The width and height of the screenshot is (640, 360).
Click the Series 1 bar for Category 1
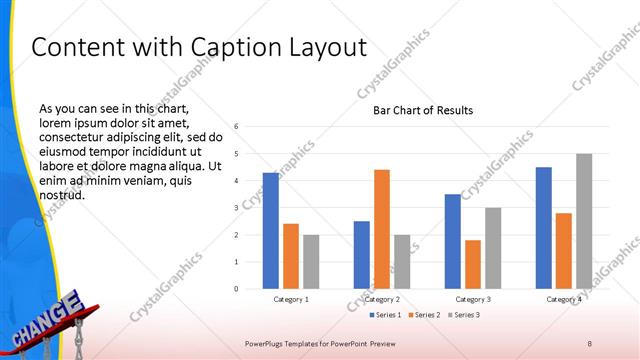pos(271,230)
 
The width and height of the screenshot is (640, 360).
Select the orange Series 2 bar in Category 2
pos(382,229)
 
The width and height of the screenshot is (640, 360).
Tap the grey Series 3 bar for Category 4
pos(584,221)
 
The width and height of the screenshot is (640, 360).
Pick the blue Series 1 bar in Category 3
pos(453,241)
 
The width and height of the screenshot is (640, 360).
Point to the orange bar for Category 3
pos(473,264)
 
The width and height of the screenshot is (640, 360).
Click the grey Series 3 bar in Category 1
pos(311,261)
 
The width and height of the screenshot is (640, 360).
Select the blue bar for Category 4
pos(544,227)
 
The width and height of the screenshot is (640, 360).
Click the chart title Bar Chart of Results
pos(423,110)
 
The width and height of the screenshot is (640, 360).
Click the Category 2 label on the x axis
pos(382,299)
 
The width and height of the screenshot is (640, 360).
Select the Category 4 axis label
pos(564,299)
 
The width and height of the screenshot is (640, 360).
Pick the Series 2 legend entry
pos(424,315)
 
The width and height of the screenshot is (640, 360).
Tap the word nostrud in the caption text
pos(61,195)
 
